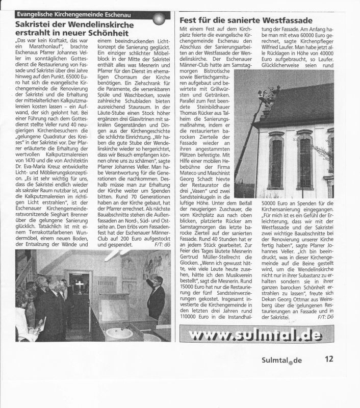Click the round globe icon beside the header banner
tap(160, 19)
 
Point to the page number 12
tap(328, 359)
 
